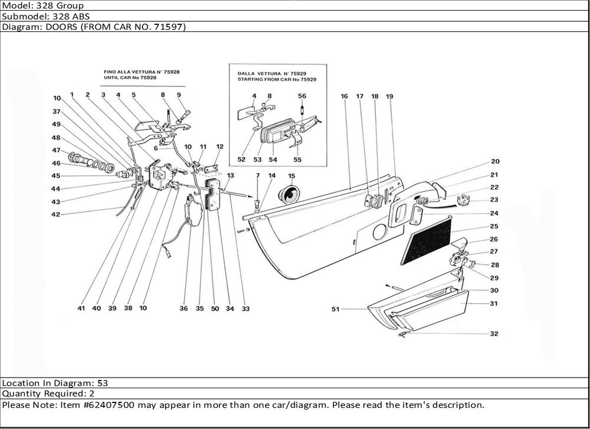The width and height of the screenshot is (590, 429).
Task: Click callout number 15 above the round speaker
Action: point(291,176)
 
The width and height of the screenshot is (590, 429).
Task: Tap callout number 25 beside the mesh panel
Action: point(494,226)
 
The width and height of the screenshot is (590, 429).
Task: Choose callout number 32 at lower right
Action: point(494,334)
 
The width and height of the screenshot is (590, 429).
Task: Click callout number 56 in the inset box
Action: point(302,96)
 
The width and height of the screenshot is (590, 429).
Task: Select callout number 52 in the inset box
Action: point(241,160)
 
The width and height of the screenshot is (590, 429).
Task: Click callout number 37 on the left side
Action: point(57,112)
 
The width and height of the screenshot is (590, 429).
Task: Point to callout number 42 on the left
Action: point(55,214)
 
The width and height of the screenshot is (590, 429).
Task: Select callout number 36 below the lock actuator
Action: point(183,308)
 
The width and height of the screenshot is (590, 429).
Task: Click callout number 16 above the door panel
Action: point(344,96)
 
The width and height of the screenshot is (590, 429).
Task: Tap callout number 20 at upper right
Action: point(495,161)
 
